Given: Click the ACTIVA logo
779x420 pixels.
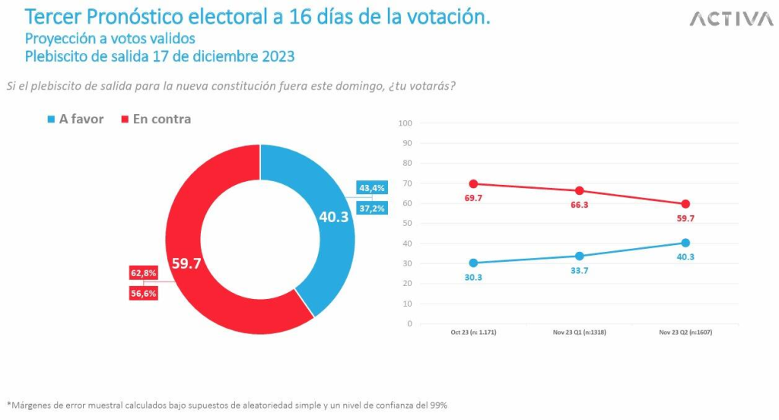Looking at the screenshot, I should (731, 19).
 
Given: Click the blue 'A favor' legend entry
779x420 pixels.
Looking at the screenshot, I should (75, 119).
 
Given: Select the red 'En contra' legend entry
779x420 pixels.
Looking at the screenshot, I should (155, 119).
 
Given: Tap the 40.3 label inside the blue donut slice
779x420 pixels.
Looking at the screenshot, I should (333, 218).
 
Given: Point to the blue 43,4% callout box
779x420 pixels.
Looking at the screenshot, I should (372, 188).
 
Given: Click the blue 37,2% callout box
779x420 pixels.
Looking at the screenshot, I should (372, 208).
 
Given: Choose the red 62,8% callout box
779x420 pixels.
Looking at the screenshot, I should (143, 272).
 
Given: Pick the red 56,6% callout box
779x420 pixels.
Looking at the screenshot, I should (143, 293).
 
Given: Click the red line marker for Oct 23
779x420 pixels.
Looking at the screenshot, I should (473, 183).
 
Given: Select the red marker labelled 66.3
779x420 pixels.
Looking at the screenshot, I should (580, 190).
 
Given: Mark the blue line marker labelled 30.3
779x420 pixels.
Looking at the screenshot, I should (473, 262).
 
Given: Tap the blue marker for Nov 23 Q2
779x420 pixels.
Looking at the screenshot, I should (685, 243).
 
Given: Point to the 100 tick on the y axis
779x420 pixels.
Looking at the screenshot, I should (405, 123).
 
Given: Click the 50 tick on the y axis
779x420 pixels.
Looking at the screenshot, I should (406, 223).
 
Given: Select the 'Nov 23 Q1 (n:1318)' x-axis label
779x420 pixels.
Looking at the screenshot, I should (579, 333).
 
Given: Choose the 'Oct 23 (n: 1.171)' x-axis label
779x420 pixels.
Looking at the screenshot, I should (473, 333).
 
